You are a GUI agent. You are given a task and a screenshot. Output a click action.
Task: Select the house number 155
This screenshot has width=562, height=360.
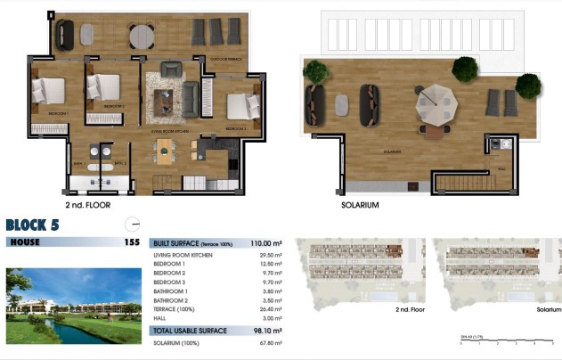131,241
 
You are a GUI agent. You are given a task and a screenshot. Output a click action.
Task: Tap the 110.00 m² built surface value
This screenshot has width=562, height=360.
265,242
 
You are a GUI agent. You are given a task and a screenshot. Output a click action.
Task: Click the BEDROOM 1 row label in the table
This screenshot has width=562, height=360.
170,264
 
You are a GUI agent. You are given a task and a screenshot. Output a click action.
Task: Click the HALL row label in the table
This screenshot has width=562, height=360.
161,318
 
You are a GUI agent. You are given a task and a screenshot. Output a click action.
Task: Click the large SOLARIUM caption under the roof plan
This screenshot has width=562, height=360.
361,205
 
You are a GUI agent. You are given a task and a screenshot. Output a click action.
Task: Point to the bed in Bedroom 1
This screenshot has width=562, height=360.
48,90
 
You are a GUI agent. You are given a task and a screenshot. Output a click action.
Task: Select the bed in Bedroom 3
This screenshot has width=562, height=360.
240,106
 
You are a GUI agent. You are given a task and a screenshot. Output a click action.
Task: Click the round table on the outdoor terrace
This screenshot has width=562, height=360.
142,37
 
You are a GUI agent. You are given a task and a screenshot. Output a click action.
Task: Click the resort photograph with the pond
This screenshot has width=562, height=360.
74,306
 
